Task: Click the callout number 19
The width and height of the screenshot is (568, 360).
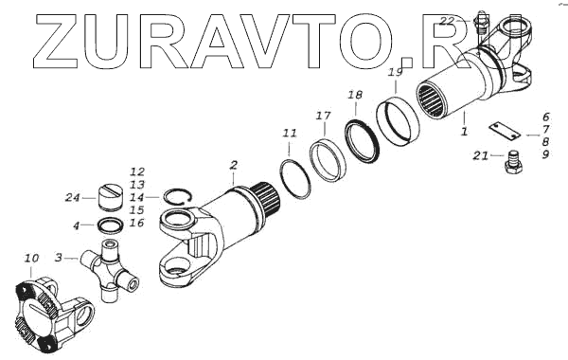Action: click(x=395, y=72)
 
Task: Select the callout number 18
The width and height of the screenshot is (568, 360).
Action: click(x=355, y=95)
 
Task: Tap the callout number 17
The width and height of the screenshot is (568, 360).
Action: click(x=323, y=116)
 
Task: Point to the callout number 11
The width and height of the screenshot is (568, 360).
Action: click(x=290, y=134)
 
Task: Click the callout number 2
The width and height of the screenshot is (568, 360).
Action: click(x=234, y=166)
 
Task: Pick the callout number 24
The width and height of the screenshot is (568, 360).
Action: click(x=72, y=198)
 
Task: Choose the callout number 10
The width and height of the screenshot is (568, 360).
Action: click(x=31, y=259)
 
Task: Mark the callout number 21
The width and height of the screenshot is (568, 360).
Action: click(x=481, y=156)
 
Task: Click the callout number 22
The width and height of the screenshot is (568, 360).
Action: click(x=447, y=21)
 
